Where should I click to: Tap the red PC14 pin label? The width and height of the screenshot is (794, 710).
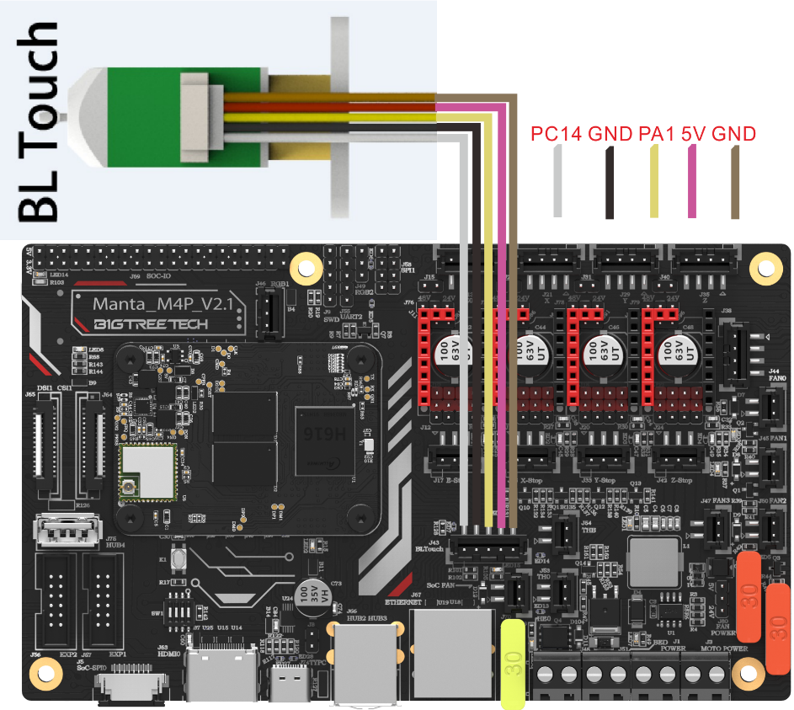(x=557, y=134)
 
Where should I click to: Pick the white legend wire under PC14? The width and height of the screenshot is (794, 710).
(x=557, y=181)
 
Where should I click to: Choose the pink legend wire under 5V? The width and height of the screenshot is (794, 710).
(x=693, y=181)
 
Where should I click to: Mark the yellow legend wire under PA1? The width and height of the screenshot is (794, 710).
(x=653, y=181)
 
